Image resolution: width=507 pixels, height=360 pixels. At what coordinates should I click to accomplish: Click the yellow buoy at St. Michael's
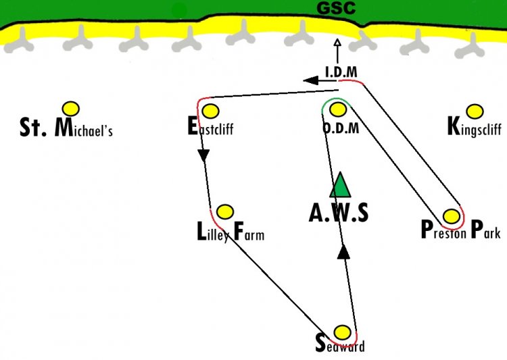pos(71,109)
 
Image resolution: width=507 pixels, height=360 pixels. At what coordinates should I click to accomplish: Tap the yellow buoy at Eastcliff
pos(210,111)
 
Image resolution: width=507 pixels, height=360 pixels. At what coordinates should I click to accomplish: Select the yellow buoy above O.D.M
pos(338,109)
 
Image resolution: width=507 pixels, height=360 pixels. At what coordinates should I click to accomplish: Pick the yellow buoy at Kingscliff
pos(475,111)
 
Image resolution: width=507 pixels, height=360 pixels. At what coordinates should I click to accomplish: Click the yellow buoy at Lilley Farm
pos(225,212)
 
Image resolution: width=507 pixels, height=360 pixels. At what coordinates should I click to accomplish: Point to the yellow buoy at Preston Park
pos(452,216)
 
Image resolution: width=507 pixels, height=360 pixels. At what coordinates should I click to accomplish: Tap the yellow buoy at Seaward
pos(342,332)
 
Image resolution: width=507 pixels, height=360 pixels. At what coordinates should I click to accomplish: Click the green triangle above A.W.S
pos(340,185)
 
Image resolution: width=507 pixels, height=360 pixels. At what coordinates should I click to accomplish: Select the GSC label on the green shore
pos(336,8)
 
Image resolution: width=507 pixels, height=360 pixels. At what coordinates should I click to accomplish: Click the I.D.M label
pos(341,72)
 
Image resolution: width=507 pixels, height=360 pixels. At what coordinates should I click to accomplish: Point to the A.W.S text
pos(339,213)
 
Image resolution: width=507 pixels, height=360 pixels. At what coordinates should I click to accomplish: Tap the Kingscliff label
pos(475,128)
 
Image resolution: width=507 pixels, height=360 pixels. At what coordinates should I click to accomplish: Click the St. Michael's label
pos(66,128)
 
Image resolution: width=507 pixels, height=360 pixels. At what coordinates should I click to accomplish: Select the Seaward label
pos(340,344)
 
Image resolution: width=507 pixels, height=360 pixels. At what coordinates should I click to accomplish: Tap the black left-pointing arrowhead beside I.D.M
pos(311,80)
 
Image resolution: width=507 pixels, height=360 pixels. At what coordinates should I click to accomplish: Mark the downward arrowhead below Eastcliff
pos(203,155)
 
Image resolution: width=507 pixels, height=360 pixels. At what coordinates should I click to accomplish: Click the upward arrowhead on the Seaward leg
pos(343,252)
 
